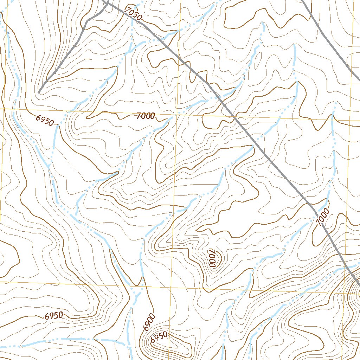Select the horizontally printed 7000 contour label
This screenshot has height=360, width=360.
(x=146, y=116)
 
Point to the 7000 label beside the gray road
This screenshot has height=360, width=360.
(x=322, y=217)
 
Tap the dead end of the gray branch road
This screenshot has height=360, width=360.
(x=39, y=92)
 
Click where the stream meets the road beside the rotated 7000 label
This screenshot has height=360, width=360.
(x=314, y=209)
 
